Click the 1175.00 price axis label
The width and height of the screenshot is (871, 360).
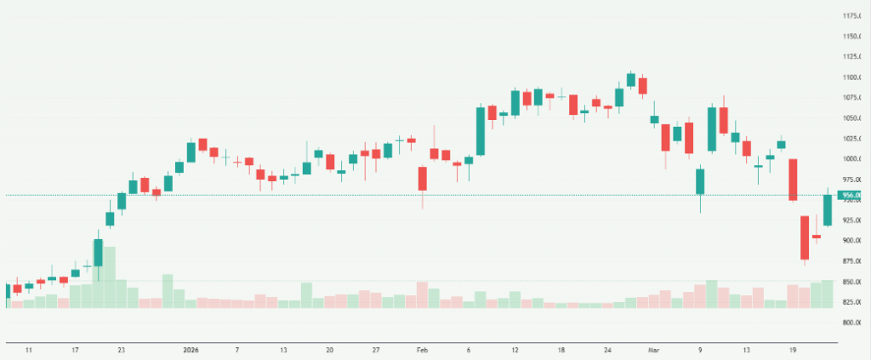point(854,16)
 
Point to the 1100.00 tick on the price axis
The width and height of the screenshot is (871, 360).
point(854,77)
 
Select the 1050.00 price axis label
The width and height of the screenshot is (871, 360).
point(854,118)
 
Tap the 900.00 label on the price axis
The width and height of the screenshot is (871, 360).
point(854,241)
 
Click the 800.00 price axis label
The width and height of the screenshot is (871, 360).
point(854,323)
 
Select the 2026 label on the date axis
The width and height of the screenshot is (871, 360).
point(191,350)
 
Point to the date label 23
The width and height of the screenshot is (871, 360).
point(122,350)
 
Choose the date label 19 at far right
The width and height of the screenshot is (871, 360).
point(793,350)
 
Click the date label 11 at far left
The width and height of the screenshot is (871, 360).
point(29,350)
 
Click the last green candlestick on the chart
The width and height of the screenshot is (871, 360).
point(827,210)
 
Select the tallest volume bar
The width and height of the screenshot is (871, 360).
point(109,277)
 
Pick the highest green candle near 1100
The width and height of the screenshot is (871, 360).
point(630,80)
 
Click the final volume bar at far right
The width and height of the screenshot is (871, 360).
point(827,293)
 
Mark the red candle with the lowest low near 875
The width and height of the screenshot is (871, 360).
point(804,237)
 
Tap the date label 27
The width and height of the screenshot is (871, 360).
point(375,350)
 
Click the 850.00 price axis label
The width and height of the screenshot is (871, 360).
point(854,282)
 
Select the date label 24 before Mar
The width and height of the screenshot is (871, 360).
point(607,350)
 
